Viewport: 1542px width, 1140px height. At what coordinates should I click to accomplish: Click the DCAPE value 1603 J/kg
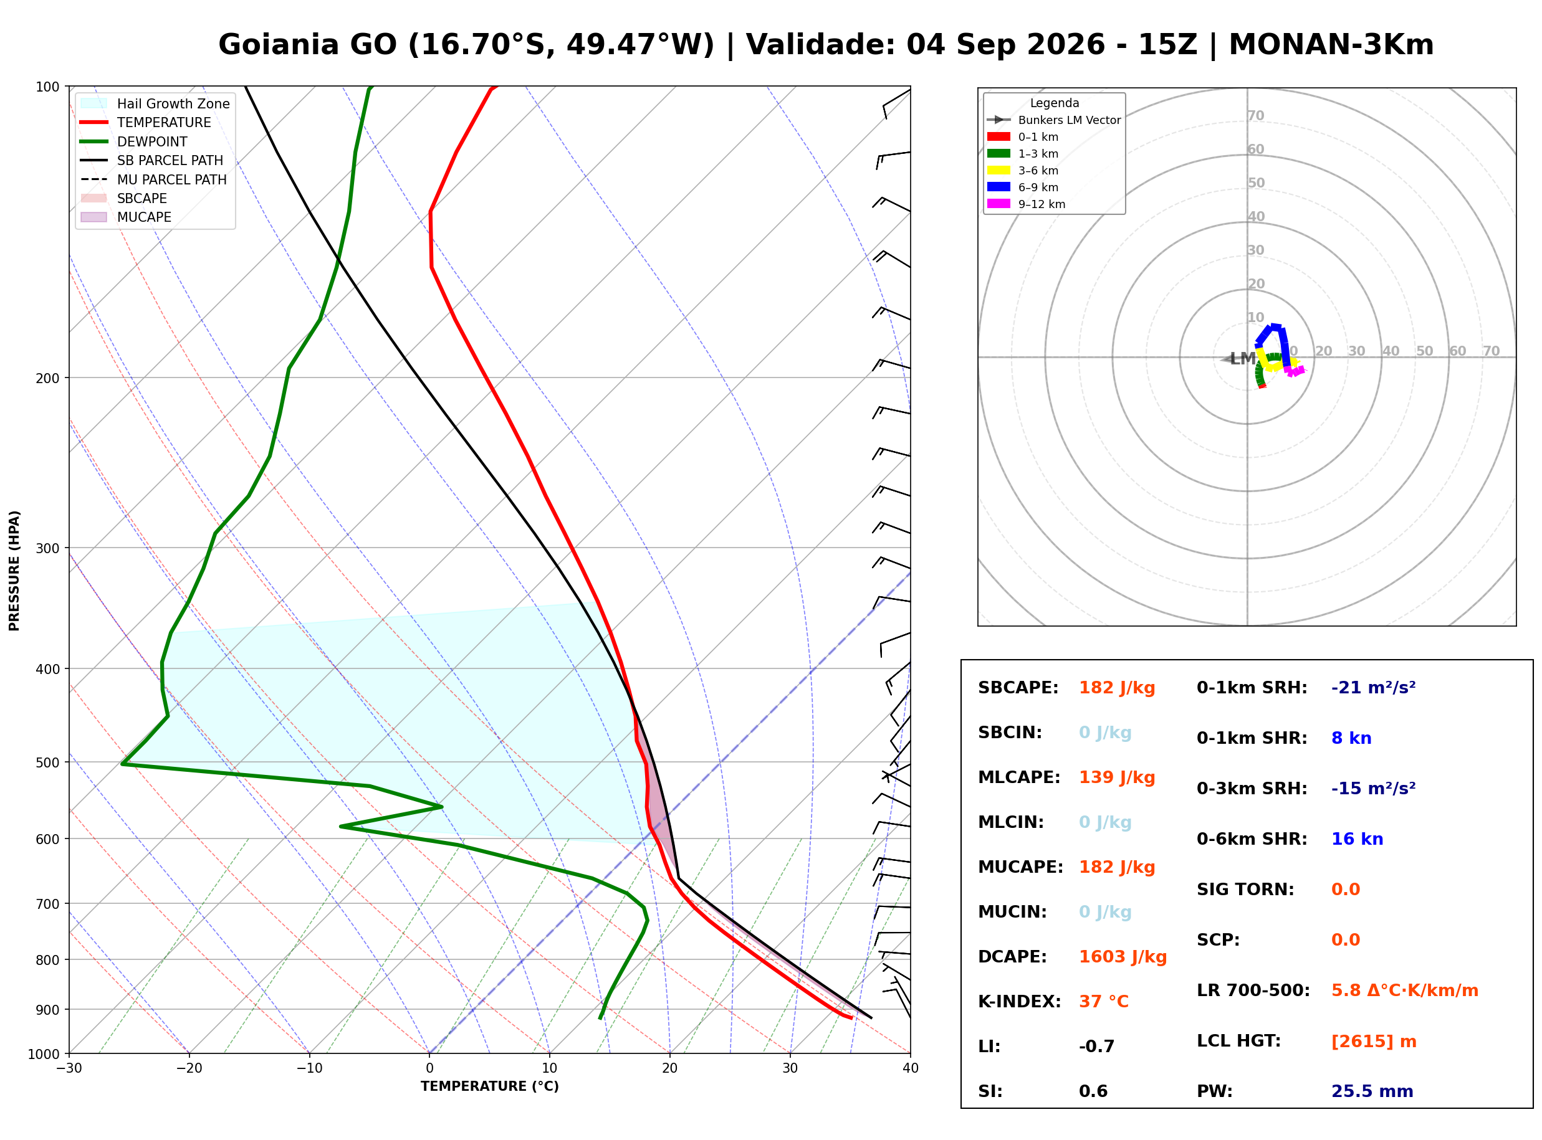(x=1123, y=957)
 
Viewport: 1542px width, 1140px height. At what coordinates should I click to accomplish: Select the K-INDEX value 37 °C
(x=1104, y=1002)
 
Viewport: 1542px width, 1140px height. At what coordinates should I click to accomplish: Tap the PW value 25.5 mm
(x=1371, y=1091)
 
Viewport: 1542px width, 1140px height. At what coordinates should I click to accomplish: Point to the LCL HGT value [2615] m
(x=1374, y=1042)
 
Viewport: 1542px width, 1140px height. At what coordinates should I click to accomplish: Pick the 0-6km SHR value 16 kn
(x=1357, y=839)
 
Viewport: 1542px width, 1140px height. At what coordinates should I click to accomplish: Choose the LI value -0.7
(x=1097, y=1047)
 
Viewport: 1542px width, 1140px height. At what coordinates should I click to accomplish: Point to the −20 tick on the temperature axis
(x=188, y=1068)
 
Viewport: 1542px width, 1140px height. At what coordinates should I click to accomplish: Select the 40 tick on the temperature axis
(x=911, y=1068)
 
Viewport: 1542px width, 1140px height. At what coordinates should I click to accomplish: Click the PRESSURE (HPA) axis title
(x=14, y=571)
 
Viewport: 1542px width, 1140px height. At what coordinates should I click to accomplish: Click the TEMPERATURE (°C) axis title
(x=490, y=1086)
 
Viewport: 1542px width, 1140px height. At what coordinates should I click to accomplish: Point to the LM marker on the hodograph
(x=1242, y=359)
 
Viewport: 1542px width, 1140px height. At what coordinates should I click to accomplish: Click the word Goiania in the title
(x=308, y=45)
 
